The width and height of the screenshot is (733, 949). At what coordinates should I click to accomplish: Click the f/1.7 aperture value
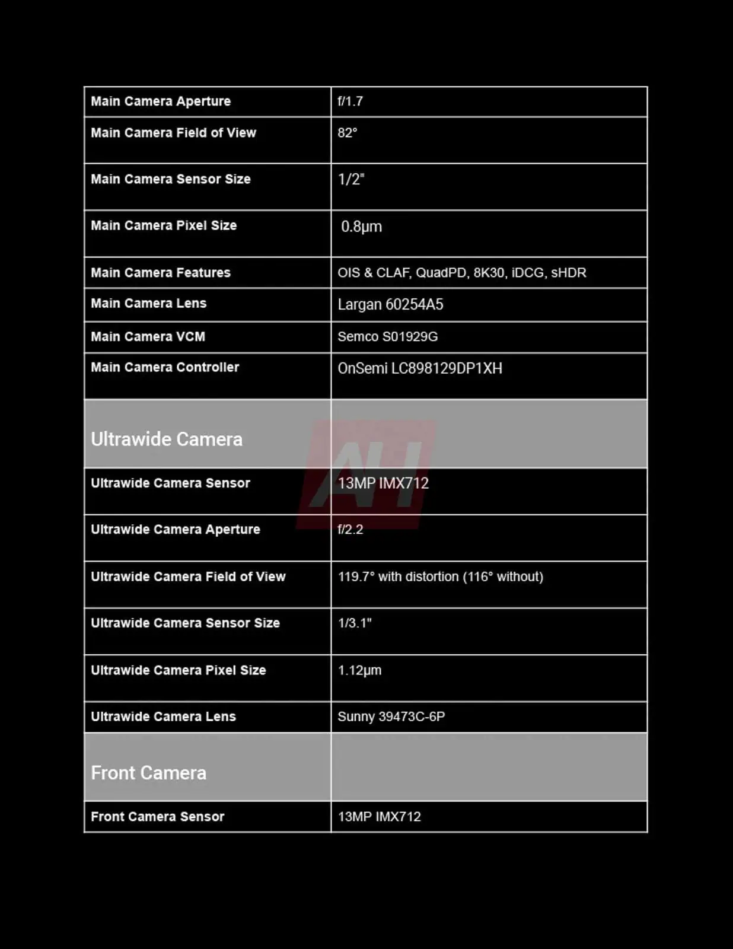[350, 101]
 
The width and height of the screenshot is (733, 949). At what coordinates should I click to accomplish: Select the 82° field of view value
[348, 133]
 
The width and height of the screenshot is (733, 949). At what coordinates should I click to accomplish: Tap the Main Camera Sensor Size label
[171, 179]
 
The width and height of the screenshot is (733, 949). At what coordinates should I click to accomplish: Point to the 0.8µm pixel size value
[361, 227]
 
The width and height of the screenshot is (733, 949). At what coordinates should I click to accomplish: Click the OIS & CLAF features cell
[461, 273]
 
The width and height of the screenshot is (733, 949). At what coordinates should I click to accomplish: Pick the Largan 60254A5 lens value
[390, 305]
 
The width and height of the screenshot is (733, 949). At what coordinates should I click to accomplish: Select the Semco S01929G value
[387, 337]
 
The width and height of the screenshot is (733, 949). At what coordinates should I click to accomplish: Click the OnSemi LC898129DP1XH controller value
[420, 368]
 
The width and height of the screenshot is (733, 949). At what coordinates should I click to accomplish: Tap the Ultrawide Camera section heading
[167, 439]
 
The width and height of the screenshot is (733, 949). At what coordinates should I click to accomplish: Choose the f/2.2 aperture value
[350, 530]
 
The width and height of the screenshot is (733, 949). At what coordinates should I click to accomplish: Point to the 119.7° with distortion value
[440, 577]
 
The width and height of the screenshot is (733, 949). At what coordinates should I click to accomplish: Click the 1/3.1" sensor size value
[355, 623]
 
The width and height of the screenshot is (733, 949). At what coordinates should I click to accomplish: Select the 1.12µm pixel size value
[359, 670]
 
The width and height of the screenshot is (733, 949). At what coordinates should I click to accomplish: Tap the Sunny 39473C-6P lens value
[391, 716]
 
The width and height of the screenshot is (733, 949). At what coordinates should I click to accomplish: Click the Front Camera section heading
[149, 773]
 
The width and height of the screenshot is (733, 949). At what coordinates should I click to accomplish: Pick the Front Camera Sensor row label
[158, 817]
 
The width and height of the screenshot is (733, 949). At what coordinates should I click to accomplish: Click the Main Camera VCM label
[148, 337]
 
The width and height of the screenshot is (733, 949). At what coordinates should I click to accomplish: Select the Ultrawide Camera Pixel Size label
[179, 670]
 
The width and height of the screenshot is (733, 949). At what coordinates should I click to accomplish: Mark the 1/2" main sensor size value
[351, 179]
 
